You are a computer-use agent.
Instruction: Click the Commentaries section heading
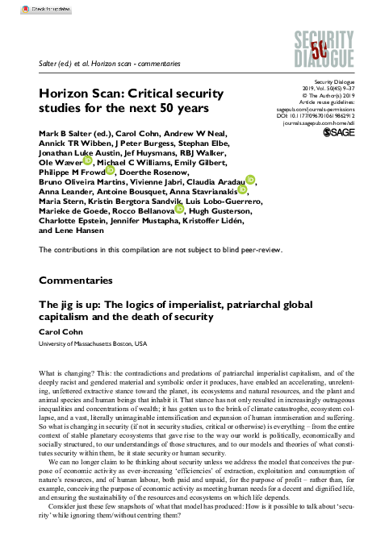(76, 281)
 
